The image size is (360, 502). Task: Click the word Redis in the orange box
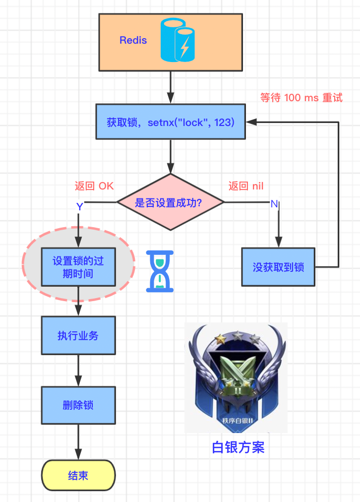coord(133,40)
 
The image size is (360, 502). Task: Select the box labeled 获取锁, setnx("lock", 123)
coord(171,122)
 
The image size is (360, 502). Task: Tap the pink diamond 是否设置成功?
coord(171,202)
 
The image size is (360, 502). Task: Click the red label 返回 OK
coord(94,186)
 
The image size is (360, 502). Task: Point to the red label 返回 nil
coord(246,186)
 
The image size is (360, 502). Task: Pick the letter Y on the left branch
coord(79,207)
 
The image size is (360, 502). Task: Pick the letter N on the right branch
coord(274,204)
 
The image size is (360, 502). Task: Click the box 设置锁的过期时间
coord(78,267)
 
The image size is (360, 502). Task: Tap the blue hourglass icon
coord(160,270)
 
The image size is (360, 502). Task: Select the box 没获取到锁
coord(278,267)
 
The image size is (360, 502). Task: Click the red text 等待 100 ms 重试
coord(301,98)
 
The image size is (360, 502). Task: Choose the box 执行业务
coord(78,336)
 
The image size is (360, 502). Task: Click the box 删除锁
coord(78,405)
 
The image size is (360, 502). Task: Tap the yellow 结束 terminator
coord(78,476)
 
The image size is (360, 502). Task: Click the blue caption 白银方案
coord(238,447)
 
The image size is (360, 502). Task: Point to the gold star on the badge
coord(220,338)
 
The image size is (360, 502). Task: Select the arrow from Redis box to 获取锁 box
coord(171,87)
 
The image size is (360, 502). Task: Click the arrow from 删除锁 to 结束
coord(78,441)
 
